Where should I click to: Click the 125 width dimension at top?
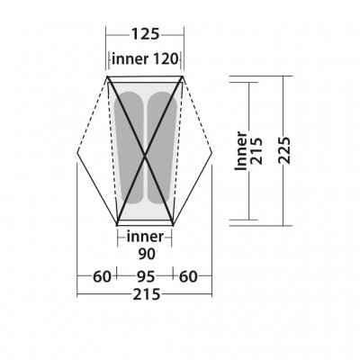click(x=145, y=34)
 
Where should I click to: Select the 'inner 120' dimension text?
click(x=145, y=58)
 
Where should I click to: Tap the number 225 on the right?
click(x=284, y=150)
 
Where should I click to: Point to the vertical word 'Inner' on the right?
click(x=241, y=151)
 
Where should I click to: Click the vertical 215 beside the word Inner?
click(x=256, y=151)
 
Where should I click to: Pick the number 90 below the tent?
click(x=147, y=254)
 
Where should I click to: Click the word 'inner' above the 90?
click(x=145, y=237)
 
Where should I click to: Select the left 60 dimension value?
click(x=102, y=276)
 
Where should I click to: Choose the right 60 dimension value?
click(x=188, y=276)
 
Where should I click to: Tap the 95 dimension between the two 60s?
click(x=146, y=276)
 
